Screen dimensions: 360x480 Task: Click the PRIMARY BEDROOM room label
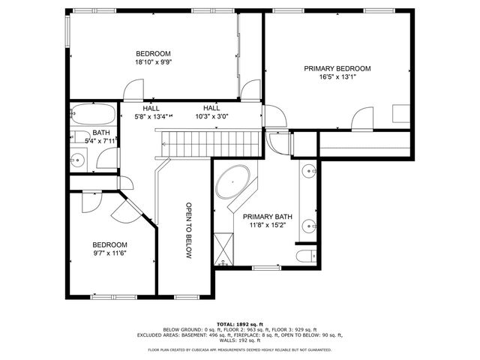tap(337, 68)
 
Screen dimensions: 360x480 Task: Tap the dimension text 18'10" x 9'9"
tap(153, 63)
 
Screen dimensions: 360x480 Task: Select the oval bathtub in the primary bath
tap(234, 183)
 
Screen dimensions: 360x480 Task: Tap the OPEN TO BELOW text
tap(190, 230)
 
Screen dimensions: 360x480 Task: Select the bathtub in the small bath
tap(94, 115)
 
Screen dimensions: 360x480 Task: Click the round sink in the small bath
tap(77, 160)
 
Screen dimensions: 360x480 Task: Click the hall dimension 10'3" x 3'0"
tap(211, 116)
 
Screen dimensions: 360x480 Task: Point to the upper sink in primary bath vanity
tap(308, 171)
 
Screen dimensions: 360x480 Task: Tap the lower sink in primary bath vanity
tap(308, 223)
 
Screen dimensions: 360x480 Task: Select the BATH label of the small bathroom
tap(101, 133)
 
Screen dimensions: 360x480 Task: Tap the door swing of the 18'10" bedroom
tap(131, 91)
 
